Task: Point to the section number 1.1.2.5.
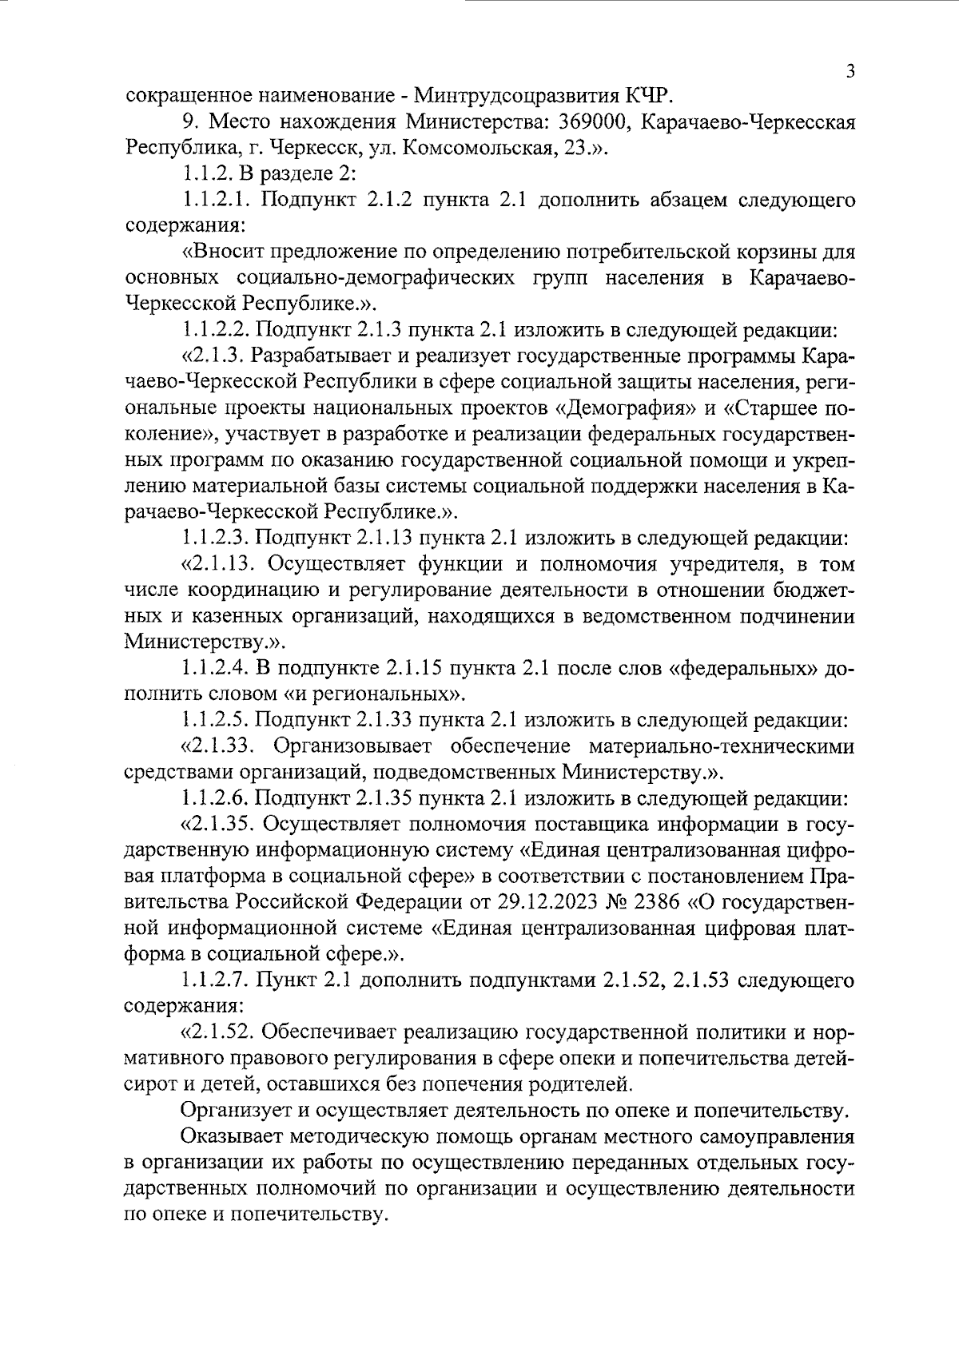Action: (215, 721)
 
